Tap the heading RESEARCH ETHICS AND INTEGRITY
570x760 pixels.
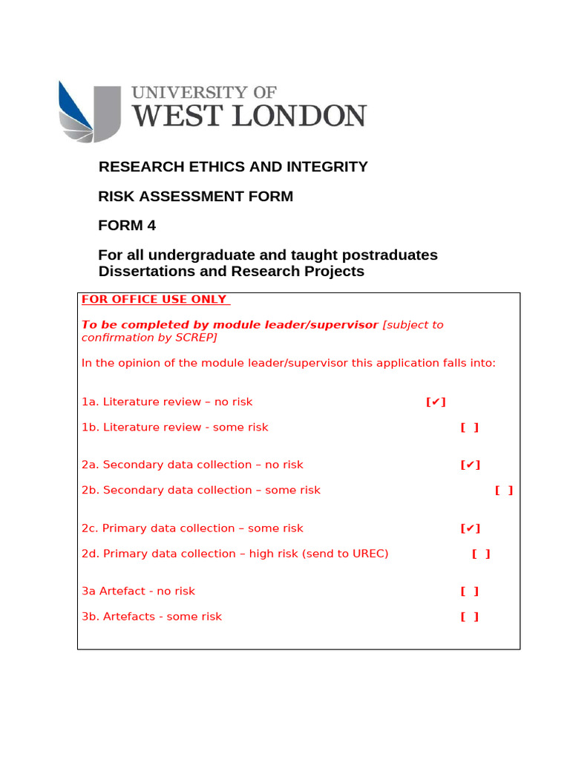(233, 167)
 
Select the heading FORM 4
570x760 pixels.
(127, 226)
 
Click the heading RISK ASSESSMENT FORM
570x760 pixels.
(196, 197)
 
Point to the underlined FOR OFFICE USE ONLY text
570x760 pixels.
(155, 300)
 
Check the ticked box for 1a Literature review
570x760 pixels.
(436, 402)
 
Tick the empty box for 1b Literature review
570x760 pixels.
(469, 427)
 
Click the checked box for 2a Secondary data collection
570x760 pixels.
(470, 465)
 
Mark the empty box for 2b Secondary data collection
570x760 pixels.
(504, 491)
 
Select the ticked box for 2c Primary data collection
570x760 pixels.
(470, 528)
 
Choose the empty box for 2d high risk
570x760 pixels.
(481, 554)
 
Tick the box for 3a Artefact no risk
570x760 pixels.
(469, 592)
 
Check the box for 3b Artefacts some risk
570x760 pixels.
(469, 617)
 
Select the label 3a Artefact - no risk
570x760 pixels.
(138, 592)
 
